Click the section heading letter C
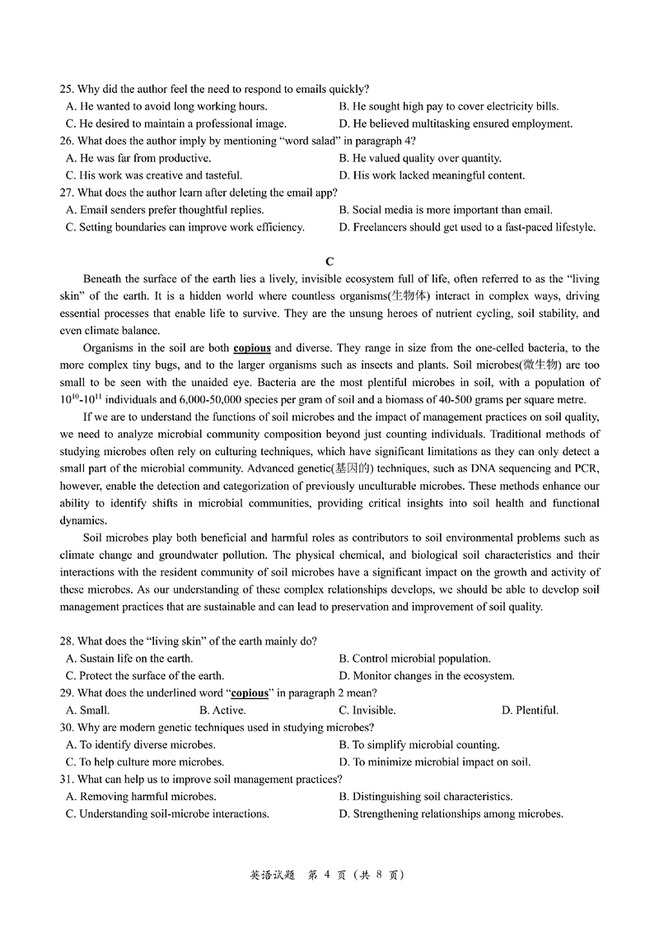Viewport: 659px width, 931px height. (329, 262)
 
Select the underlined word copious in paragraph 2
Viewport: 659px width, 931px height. (252, 348)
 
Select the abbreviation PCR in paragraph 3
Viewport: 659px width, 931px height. (586, 468)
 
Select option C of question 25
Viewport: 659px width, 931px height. (175, 123)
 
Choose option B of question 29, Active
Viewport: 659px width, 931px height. (222, 710)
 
